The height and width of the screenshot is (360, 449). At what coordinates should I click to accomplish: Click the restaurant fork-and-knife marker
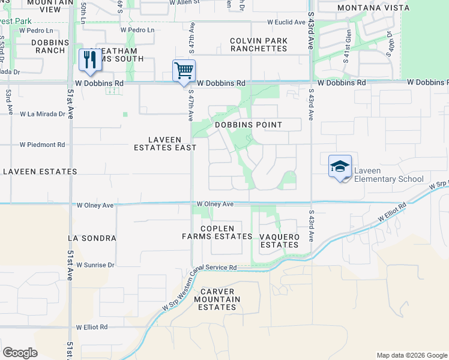pos(90,61)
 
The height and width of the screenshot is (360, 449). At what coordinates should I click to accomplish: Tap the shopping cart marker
pos(184,71)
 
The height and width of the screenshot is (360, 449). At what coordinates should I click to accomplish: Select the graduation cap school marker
pos(340,166)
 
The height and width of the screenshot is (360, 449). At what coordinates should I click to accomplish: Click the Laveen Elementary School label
pos(388,175)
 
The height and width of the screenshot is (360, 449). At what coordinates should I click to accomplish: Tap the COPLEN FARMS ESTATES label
pos(217,232)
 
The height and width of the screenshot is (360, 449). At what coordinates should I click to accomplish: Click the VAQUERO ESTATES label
pos(280,241)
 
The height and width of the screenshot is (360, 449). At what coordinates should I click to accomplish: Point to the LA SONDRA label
pos(92,238)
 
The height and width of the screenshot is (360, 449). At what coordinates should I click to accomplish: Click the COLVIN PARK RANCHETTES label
pos(259,44)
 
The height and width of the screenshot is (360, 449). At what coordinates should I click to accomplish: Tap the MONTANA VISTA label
pos(365,8)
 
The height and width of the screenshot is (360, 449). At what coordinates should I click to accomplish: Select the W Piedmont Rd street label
pos(42,145)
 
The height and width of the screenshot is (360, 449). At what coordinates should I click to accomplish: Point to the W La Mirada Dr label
pos(42,113)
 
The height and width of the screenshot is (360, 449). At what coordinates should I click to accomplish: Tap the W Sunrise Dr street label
pos(95,265)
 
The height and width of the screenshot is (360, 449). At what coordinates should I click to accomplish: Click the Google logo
pos(20,353)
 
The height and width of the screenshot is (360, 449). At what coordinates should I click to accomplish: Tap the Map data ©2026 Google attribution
pos(411,355)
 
